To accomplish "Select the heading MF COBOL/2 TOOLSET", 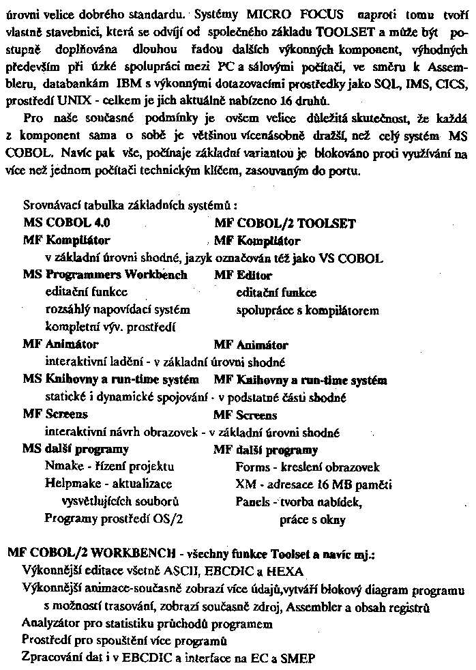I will [x=284, y=223].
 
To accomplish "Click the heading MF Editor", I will [x=243, y=276].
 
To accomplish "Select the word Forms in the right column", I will [x=250, y=467].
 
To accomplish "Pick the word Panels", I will [x=251, y=503].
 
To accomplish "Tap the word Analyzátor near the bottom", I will [x=53, y=623].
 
